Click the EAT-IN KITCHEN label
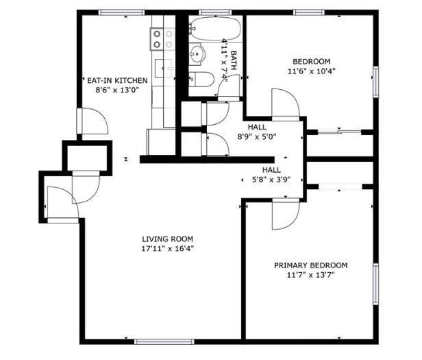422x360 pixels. coord(122,80)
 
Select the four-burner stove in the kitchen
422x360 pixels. coord(162,38)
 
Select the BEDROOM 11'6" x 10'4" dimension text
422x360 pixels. coord(311,71)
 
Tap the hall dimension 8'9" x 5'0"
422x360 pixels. coord(257,136)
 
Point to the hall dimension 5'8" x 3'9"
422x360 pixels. coord(271,180)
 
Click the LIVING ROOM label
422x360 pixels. coord(163,239)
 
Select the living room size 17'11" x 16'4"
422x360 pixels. coord(163,249)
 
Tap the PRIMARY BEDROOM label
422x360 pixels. coord(310,265)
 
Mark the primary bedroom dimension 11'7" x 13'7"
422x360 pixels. coord(310,275)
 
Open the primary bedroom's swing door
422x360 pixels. coord(283,215)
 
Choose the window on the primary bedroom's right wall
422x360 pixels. coord(375,284)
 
